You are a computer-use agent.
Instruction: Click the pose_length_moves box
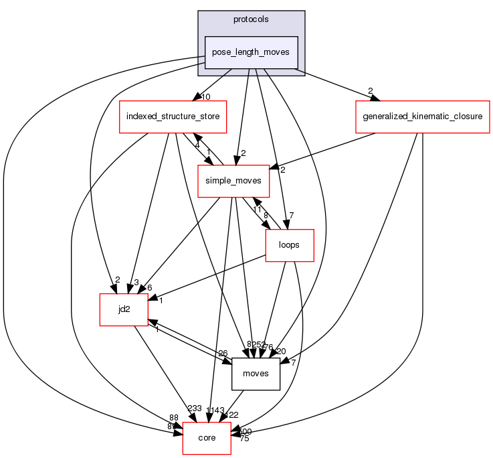251,52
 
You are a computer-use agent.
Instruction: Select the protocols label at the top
251,19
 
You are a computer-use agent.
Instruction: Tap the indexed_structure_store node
173,116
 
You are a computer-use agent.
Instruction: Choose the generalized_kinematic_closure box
423,116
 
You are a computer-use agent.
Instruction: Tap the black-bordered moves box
255,373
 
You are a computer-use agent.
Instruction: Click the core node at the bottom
207,438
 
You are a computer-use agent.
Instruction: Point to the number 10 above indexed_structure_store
207,97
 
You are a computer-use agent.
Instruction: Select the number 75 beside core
245,440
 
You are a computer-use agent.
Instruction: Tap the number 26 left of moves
223,354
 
